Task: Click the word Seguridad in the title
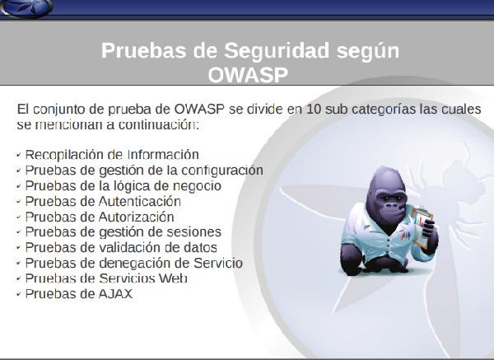[x=276, y=51]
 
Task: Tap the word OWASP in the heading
[x=248, y=75]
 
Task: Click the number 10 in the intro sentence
[x=314, y=109]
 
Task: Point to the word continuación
[x=159, y=125]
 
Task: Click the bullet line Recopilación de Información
[x=112, y=155]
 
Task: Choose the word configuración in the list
[x=222, y=171]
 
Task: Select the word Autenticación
[x=140, y=202]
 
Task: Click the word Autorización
[x=137, y=217]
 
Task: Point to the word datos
[x=199, y=247]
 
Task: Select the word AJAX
[x=115, y=294]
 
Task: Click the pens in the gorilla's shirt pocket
[x=406, y=235]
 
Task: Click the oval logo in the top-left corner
[x=26, y=7]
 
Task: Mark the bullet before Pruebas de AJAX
[x=19, y=294]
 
